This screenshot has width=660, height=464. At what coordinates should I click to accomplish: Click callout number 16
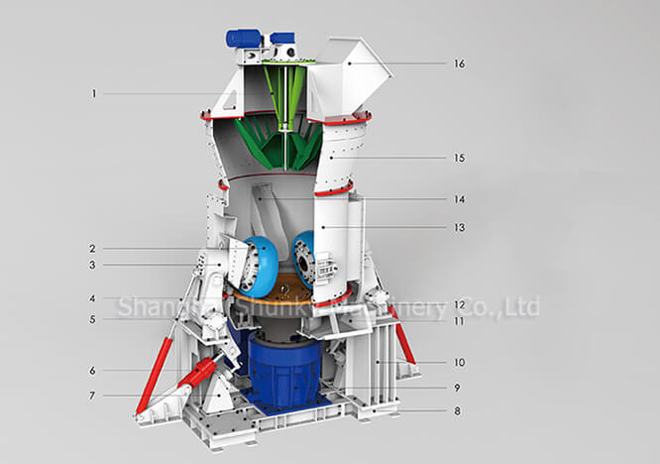coord(459,63)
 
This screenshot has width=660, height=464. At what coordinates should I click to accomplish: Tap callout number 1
coord(93,94)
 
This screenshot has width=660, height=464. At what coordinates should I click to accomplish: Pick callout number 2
coord(93,248)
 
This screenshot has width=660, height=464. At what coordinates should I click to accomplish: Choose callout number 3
coord(93,265)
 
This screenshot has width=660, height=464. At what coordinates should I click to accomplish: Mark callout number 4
coord(93,297)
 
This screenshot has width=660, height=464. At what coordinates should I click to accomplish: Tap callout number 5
coord(93,319)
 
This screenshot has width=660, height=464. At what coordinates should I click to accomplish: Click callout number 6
coord(93,371)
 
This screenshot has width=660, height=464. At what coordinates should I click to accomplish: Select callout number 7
coord(93,396)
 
